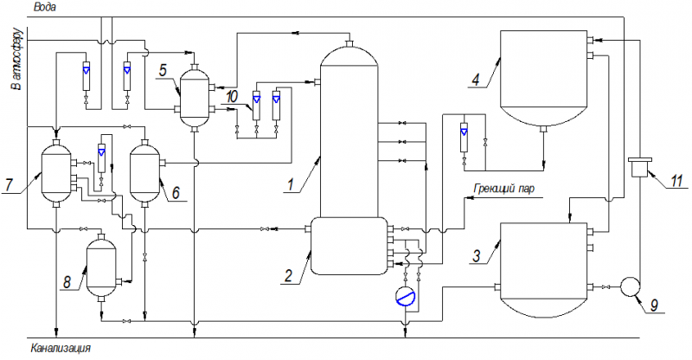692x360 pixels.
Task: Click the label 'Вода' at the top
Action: pos(45,8)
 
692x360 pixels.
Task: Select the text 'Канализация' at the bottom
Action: pos(61,348)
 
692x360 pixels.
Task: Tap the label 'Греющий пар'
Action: pos(504,189)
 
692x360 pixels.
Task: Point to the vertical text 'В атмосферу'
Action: pos(17,59)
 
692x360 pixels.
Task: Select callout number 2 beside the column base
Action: pos(288,276)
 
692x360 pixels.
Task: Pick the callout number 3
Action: pos(477,256)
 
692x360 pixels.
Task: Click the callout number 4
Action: pos(475,80)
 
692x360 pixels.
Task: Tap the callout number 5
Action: pos(163,71)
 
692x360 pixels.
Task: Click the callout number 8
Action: pos(67,282)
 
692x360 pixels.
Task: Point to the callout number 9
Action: pos(655,305)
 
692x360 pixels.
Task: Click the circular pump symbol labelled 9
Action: pos(631,286)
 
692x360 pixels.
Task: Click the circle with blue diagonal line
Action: pos(406,296)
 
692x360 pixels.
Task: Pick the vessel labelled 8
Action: pos(101,267)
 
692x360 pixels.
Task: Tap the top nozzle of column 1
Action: pos(349,43)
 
